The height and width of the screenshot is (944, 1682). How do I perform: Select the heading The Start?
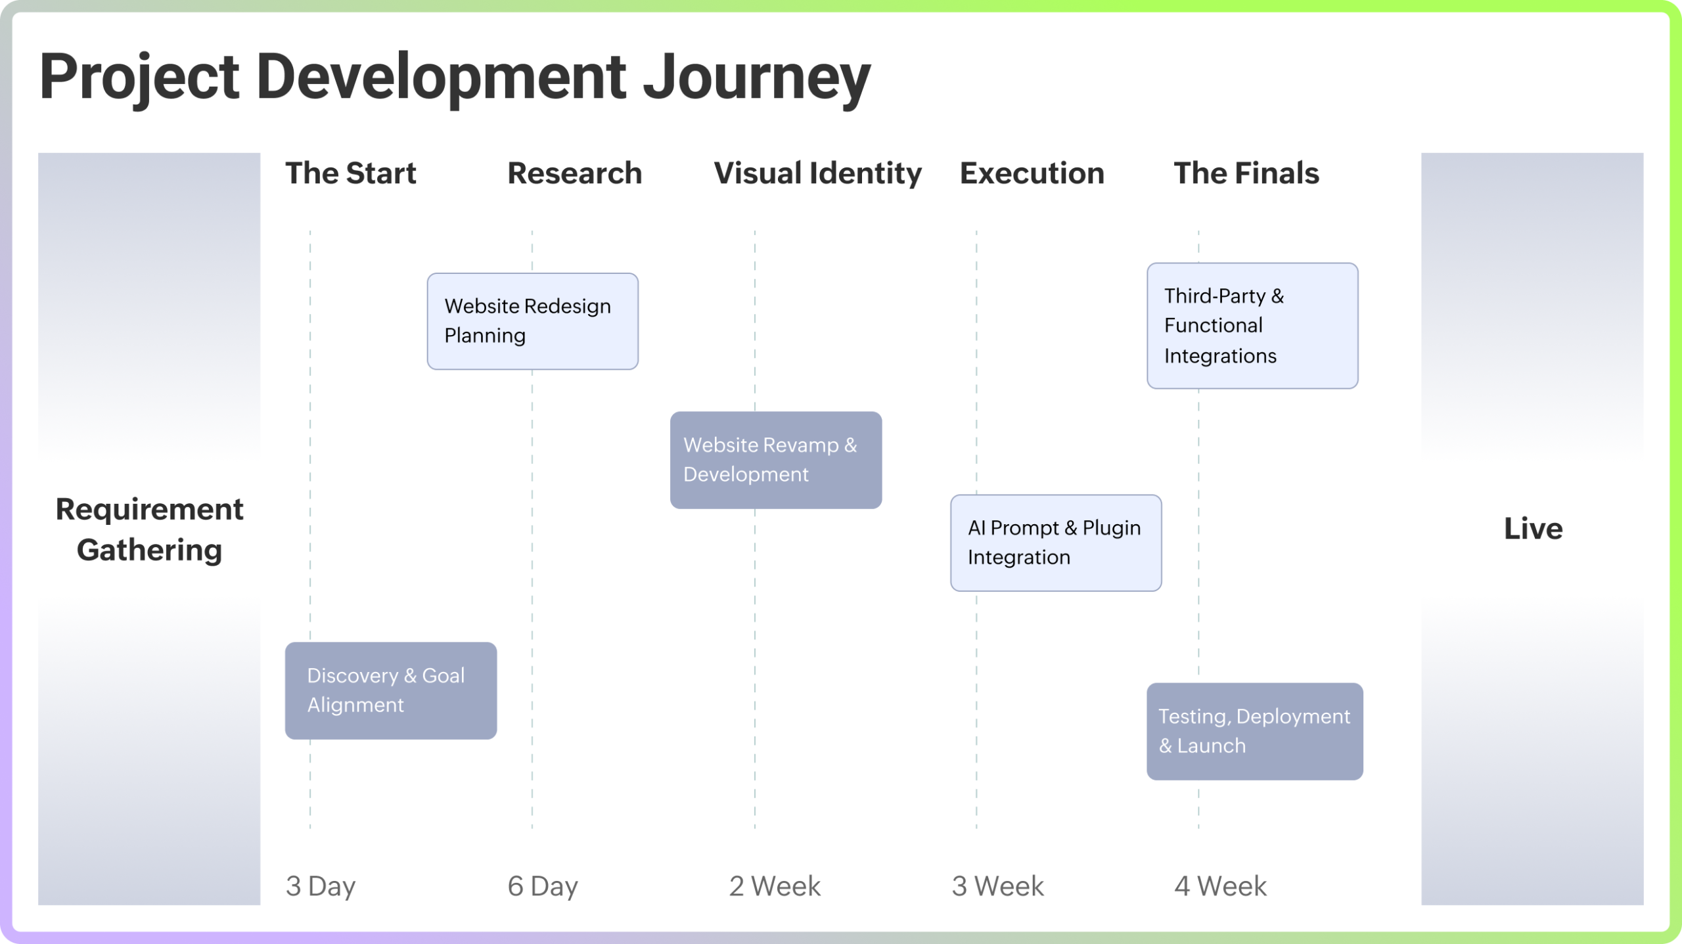pos(350,173)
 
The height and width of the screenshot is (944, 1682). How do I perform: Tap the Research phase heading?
pos(574,173)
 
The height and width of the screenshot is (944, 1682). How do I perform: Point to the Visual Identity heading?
pos(817,173)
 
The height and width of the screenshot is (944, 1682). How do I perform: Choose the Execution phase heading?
pos(1032,173)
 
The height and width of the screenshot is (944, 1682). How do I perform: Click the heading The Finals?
pos(1246,173)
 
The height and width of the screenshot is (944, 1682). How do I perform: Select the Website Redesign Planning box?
pos(532,321)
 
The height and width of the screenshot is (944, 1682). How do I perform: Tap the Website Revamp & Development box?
pos(775,460)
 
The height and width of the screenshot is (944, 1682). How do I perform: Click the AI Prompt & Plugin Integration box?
pos(1055,543)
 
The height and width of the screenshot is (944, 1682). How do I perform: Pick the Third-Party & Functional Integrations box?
pos(1252,326)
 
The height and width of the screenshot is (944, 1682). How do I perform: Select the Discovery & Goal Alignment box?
pos(390,690)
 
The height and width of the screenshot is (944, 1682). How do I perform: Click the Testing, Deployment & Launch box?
pos(1254,731)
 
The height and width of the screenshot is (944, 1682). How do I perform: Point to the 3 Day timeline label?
pos(321,886)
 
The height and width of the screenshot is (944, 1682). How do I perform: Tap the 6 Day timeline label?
pos(543,886)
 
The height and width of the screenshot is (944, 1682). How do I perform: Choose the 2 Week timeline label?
pos(775,886)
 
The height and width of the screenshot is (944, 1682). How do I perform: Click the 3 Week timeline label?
pos(997,886)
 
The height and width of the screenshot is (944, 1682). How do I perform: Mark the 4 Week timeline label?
pos(1220,886)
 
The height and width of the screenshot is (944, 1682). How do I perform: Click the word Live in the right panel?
pos(1533,529)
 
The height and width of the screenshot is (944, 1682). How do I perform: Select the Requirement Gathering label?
pos(149,529)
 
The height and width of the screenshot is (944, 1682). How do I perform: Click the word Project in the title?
pos(139,78)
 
